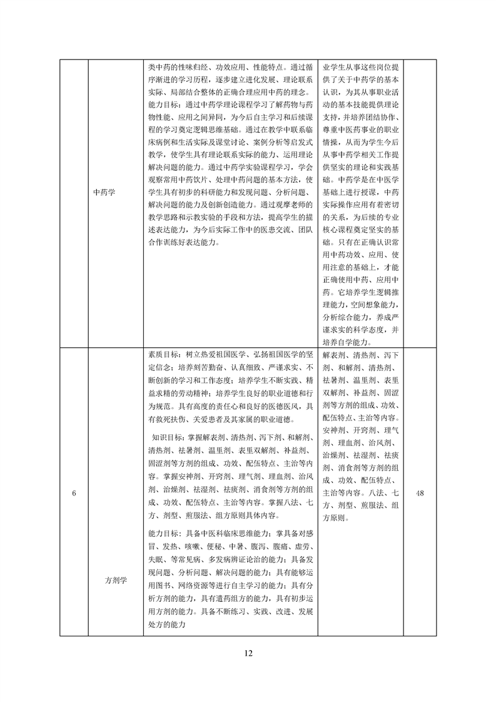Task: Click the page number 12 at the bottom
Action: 248,653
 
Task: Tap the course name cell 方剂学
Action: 115,580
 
